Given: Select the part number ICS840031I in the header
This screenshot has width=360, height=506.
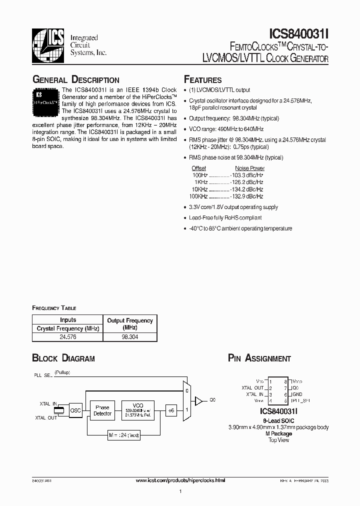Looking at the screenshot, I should click(x=298, y=33).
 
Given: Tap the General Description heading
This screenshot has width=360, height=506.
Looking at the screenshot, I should click(x=75, y=80).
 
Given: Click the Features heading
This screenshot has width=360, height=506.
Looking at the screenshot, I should click(x=202, y=80).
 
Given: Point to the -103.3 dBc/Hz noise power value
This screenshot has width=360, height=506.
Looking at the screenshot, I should click(x=246, y=175).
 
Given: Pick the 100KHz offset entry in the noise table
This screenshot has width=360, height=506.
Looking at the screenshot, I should click(x=199, y=196).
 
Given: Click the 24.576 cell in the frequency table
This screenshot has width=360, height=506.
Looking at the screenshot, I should click(x=67, y=337).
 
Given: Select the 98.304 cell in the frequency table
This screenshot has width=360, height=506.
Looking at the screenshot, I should click(x=130, y=337).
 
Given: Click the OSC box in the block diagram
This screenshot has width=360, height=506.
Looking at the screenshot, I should click(x=75, y=410).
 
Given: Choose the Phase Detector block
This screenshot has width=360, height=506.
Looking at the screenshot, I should click(x=103, y=410).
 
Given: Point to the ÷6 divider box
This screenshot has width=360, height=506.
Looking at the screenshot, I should click(x=170, y=410).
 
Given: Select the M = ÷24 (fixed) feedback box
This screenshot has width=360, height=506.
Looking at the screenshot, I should click(x=122, y=435).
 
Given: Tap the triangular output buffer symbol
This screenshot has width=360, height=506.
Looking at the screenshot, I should click(x=198, y=400).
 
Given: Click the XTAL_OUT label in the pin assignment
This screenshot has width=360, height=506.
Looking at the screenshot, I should click(x=252, y=387).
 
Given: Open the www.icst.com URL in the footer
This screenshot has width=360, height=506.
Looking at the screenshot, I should click(x=180, y=480).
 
